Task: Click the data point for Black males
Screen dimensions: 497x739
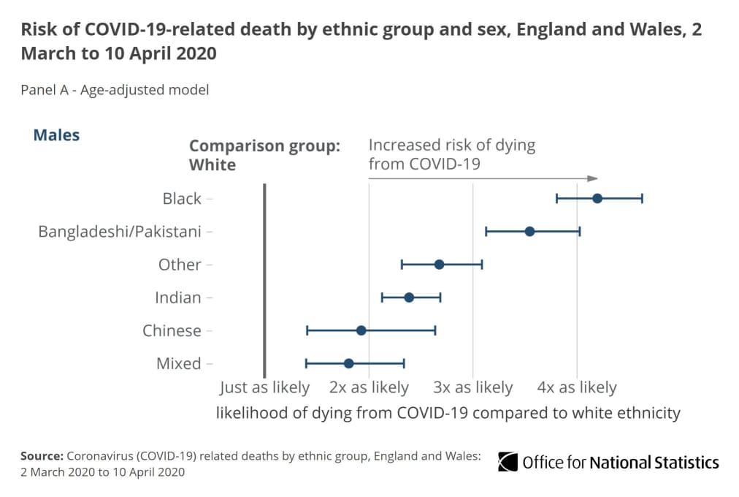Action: click(597, 198)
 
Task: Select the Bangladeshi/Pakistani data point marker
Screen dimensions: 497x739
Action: click(530, 232)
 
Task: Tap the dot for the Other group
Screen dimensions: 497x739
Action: click(439, 265)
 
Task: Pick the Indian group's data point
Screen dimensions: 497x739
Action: click(409, 297)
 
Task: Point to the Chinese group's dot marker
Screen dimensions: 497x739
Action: click(361, 330)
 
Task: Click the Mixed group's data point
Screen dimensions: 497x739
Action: click(348, 363)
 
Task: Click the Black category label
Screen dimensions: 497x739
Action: click(182, 199)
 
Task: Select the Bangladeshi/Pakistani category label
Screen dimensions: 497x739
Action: click(120, 232)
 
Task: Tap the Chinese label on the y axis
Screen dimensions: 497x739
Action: click(172, 331)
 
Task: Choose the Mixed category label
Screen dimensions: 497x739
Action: click(179, 364)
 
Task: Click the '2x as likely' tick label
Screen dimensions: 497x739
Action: click(369, 387)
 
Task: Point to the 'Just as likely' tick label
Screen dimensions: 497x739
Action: click(264, 387)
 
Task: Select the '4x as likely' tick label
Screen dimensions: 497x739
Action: click(577, 387)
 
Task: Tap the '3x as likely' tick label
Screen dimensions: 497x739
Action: click(473, 387)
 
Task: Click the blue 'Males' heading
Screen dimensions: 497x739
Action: click(56, 135)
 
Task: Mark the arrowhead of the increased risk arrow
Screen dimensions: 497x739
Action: click(594, 178)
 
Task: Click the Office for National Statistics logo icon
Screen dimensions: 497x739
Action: click(508, 462)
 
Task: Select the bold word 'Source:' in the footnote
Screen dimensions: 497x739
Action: click(42, 456)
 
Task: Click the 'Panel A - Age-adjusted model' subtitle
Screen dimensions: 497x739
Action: click(115, 90)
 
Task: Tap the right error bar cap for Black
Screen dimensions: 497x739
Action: click(642, 198)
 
